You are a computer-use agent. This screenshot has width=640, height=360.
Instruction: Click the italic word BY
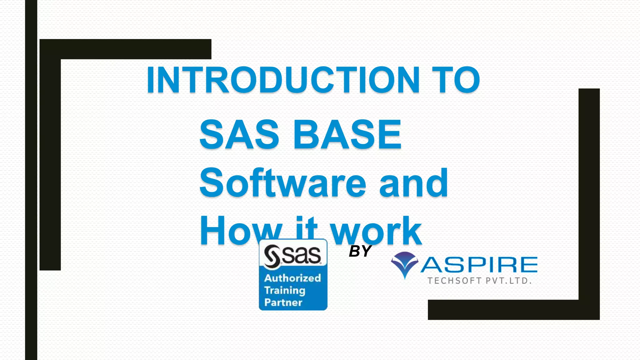click(x=360, y=251)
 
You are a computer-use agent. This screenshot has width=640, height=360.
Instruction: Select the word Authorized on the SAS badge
click(x=292, y=278)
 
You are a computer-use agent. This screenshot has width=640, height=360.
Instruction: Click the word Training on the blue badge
click(x=285, y=290)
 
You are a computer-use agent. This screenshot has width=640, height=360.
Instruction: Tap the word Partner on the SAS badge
click(x=283, y=302)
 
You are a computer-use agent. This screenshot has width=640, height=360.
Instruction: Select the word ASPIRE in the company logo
click(x=479, y=265)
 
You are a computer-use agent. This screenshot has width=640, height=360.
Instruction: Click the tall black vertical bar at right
click(x=589, y=194)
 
